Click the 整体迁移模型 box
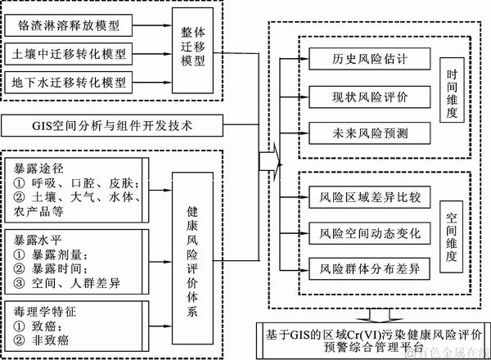[196, 52]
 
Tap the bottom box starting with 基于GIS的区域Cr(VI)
[372, 340]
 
